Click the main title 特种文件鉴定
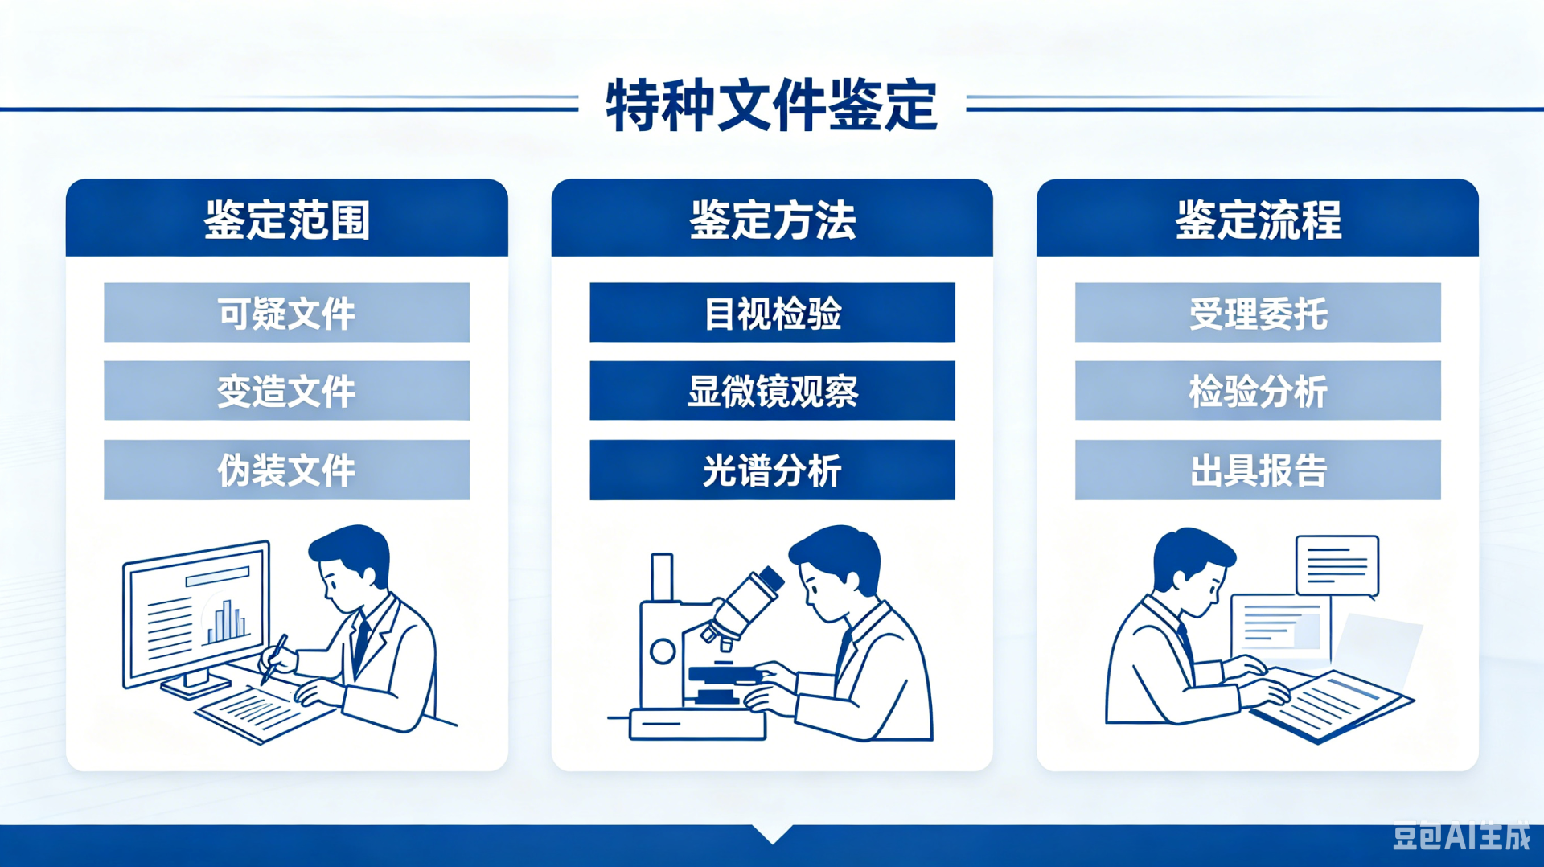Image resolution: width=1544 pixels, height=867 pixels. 771,105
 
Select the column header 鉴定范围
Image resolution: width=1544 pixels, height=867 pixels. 287,220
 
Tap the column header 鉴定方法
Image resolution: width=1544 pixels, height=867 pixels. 772,220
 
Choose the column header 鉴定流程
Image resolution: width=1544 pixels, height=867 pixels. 1258,220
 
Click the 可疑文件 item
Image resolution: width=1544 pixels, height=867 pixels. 287,313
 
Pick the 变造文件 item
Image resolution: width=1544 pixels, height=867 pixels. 287,391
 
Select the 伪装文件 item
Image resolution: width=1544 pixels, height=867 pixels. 287,470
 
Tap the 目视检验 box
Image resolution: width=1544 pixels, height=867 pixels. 772,313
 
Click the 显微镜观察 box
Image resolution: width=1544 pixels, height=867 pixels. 772,391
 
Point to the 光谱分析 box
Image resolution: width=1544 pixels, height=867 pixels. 772,470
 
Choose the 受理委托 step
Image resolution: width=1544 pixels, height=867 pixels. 1258,313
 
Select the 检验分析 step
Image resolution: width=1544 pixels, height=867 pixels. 1258,391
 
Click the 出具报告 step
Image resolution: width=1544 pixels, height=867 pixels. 1258,470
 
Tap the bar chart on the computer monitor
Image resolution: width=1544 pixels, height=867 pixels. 227,621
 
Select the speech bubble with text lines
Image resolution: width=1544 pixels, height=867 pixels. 1337,566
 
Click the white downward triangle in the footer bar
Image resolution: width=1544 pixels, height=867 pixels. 772,833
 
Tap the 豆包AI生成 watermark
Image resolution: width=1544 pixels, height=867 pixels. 1461,836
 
